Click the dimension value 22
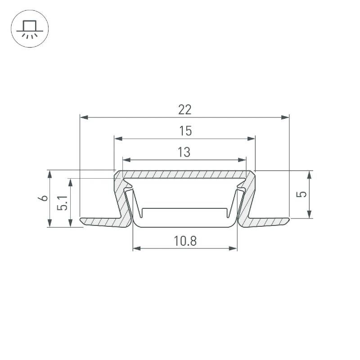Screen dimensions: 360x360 point(185,109)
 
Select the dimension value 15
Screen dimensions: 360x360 point(185,131)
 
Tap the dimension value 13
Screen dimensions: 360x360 point(184,152)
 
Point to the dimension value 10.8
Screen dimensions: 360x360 point(185,241)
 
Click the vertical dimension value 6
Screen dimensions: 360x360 point(43,198)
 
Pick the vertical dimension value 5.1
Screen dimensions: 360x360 point(63,203)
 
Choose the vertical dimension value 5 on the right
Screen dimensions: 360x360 point(301,194)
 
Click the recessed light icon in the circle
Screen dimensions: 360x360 point(30,29)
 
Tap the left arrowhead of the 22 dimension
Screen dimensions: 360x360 point(84,117)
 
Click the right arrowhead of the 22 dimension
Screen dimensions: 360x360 point(285,117)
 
